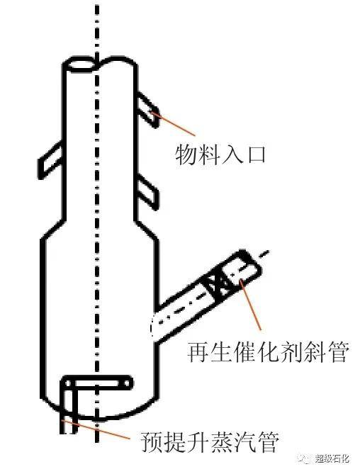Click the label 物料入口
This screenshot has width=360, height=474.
point(220,155)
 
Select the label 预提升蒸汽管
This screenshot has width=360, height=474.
point(209,442)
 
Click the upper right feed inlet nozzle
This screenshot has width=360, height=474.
point(147,109)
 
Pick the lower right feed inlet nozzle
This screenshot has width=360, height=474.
point(147,194)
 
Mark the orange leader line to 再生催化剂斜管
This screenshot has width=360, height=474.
point(251,305)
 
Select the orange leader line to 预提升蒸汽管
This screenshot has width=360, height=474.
point(95,429)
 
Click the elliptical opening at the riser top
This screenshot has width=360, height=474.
point(80,65)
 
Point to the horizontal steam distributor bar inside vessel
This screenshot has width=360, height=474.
point(97,383)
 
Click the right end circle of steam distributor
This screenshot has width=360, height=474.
point(127,383)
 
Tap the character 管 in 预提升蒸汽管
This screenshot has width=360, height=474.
point(266,442)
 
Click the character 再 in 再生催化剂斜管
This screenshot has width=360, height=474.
point(198,352)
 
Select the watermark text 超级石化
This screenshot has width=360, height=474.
point(332,458)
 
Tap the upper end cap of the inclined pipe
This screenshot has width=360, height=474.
point(251,262)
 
